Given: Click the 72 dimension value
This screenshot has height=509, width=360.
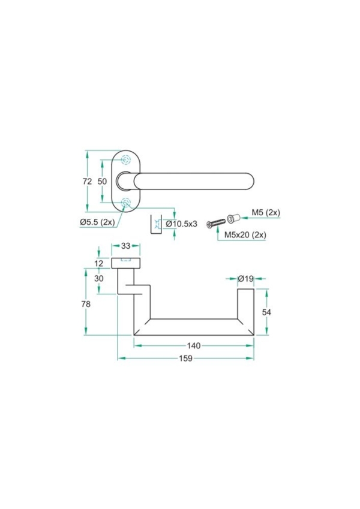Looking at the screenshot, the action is [x=88, y=181].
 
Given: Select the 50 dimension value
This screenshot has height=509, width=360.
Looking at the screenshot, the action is [x=102, y=181].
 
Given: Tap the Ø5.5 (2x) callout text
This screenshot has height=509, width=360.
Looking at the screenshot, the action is [x=97, y=222].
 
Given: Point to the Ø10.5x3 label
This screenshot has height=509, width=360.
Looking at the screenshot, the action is [x=182, y=224].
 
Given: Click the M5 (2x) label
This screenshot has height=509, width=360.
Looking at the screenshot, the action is [x=266, y=213].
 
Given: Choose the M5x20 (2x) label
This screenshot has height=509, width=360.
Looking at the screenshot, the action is [x=245, y=234].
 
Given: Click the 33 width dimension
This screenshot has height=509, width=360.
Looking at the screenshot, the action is [x=126, y=246].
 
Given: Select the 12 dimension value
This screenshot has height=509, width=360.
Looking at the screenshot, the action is [x=99, y=263].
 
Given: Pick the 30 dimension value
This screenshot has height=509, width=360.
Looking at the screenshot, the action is [x=99, y=278].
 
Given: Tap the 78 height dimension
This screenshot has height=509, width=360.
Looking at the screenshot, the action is [x=86, y=304].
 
